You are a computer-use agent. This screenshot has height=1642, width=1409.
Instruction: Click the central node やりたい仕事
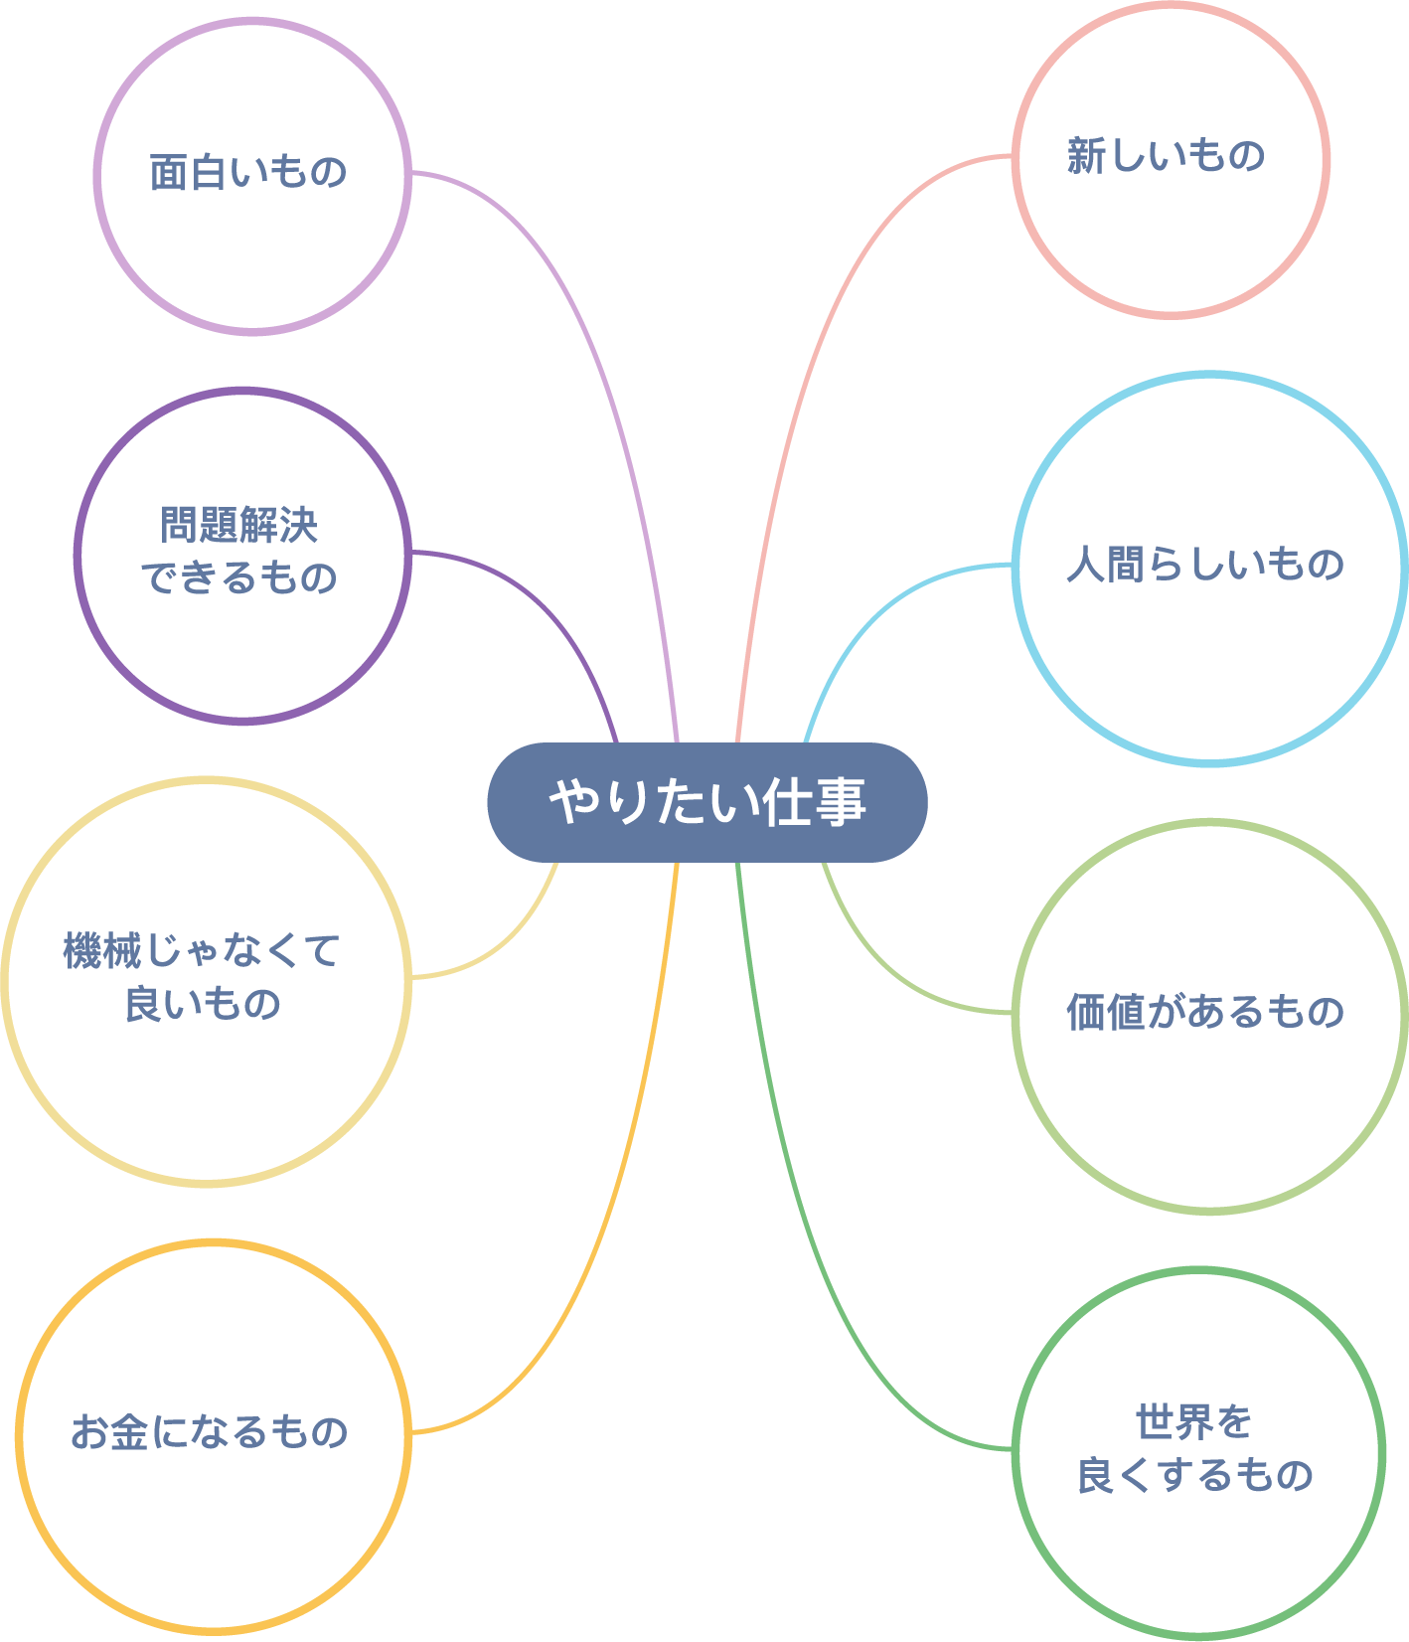point(706,802)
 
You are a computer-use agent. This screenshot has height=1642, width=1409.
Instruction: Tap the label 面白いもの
point(248,173)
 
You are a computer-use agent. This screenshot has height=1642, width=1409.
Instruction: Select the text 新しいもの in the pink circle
point(1166,156)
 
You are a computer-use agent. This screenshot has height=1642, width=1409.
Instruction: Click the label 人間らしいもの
point(1205,565)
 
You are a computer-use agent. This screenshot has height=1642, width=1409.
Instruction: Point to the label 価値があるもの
point(1205,1012)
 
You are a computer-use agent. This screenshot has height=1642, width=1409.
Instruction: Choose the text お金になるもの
point(210,1432)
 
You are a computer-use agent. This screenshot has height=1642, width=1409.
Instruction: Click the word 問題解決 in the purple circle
point(239,526)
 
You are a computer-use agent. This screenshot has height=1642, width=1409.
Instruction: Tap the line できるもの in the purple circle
point(239,577)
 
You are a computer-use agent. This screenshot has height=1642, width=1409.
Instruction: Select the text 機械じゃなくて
point(202,951)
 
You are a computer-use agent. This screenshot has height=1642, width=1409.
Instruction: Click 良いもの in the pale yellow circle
point(203,1004)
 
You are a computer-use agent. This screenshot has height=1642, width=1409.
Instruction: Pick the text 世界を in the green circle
point(1194,1422)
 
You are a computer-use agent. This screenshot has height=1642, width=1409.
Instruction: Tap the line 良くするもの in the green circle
point(1195,1475)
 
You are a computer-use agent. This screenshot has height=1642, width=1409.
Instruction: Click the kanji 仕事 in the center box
point(815,802)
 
